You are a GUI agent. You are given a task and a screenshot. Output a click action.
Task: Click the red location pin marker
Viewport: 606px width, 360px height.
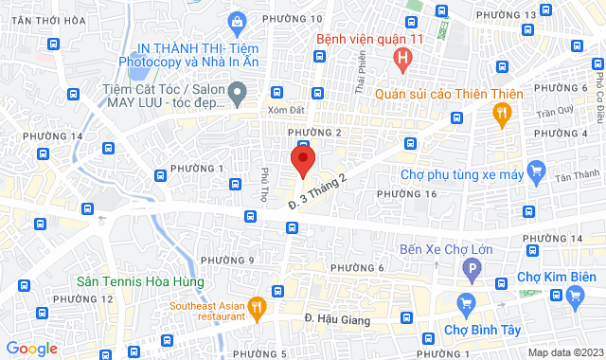point(302,160)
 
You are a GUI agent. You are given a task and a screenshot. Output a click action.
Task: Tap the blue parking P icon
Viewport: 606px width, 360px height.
point(469,272)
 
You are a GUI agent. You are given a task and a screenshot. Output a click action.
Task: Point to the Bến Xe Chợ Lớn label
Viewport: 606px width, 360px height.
point(452,249)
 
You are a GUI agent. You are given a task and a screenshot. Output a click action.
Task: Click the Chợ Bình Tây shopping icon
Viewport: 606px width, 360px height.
point(465,305)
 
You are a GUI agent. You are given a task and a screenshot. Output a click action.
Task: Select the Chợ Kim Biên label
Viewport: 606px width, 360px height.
point(555,277)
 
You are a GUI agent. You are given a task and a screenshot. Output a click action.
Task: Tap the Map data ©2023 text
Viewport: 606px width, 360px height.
point(563,351)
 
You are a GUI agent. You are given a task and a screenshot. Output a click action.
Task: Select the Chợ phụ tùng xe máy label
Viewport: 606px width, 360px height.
point(461,174)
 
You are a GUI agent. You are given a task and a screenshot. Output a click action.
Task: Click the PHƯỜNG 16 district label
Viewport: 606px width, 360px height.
point(406,193)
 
